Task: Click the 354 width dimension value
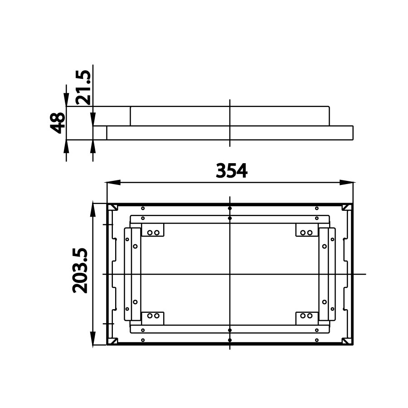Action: coord(231,171)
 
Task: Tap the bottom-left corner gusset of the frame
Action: coord(112,340)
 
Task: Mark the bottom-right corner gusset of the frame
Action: coord(347,340)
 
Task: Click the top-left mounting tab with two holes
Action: coord(153,230)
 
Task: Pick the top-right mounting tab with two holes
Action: coord(306,230)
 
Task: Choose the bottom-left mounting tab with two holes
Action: coord(153,317)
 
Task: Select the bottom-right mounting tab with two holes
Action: coord(306,317)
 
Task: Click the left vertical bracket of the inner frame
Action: coord(132,274)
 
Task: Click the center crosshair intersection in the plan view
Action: coord(230,274)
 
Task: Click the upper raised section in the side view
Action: coord(229,116)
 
